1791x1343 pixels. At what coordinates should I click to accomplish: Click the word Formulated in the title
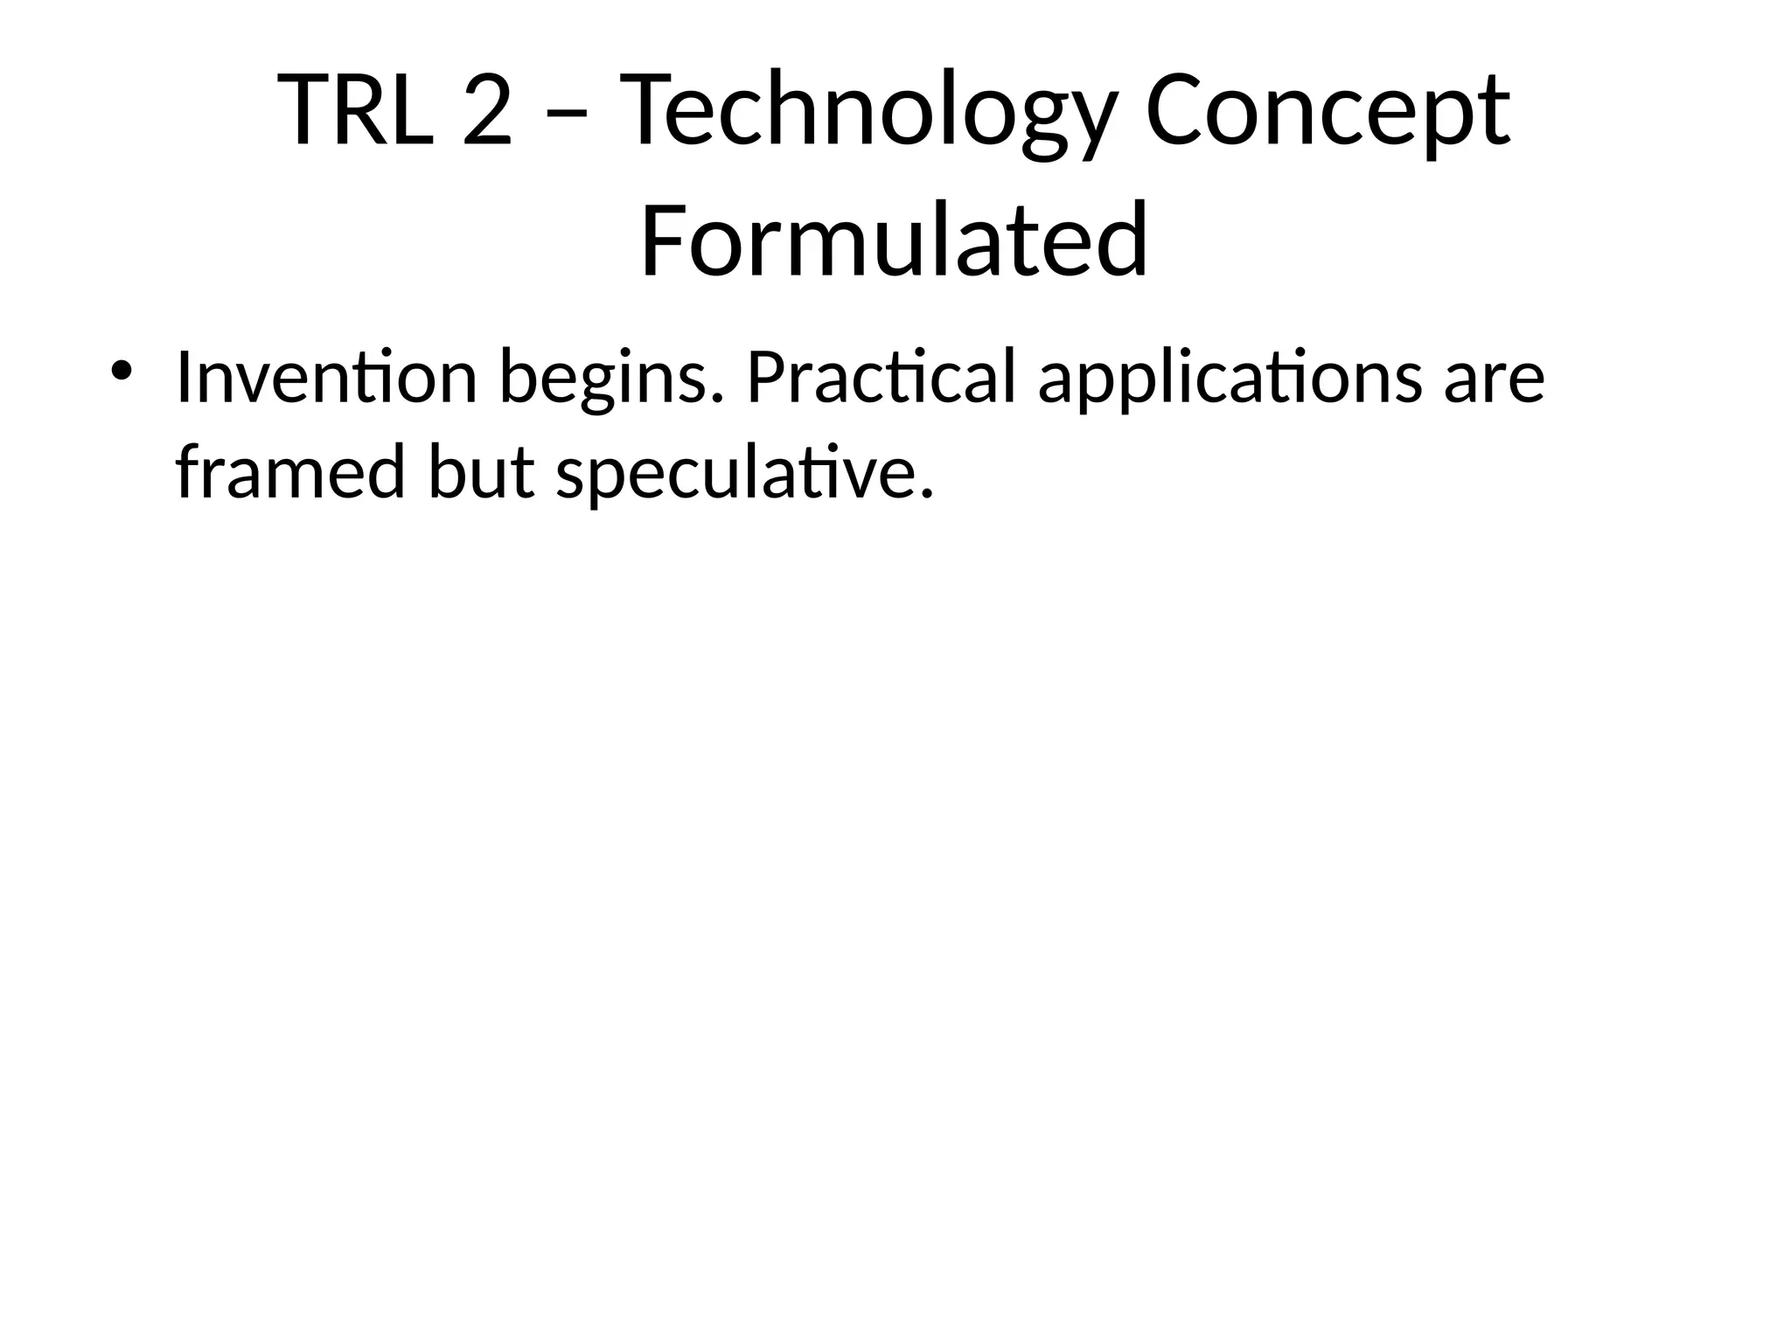(894, 240)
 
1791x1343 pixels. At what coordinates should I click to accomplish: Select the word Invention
(325, 378)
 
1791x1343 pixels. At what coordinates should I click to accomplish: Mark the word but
(480, 472)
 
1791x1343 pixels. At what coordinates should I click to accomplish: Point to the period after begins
(719, 400)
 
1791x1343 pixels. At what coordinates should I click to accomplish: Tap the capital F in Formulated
(663, 240)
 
